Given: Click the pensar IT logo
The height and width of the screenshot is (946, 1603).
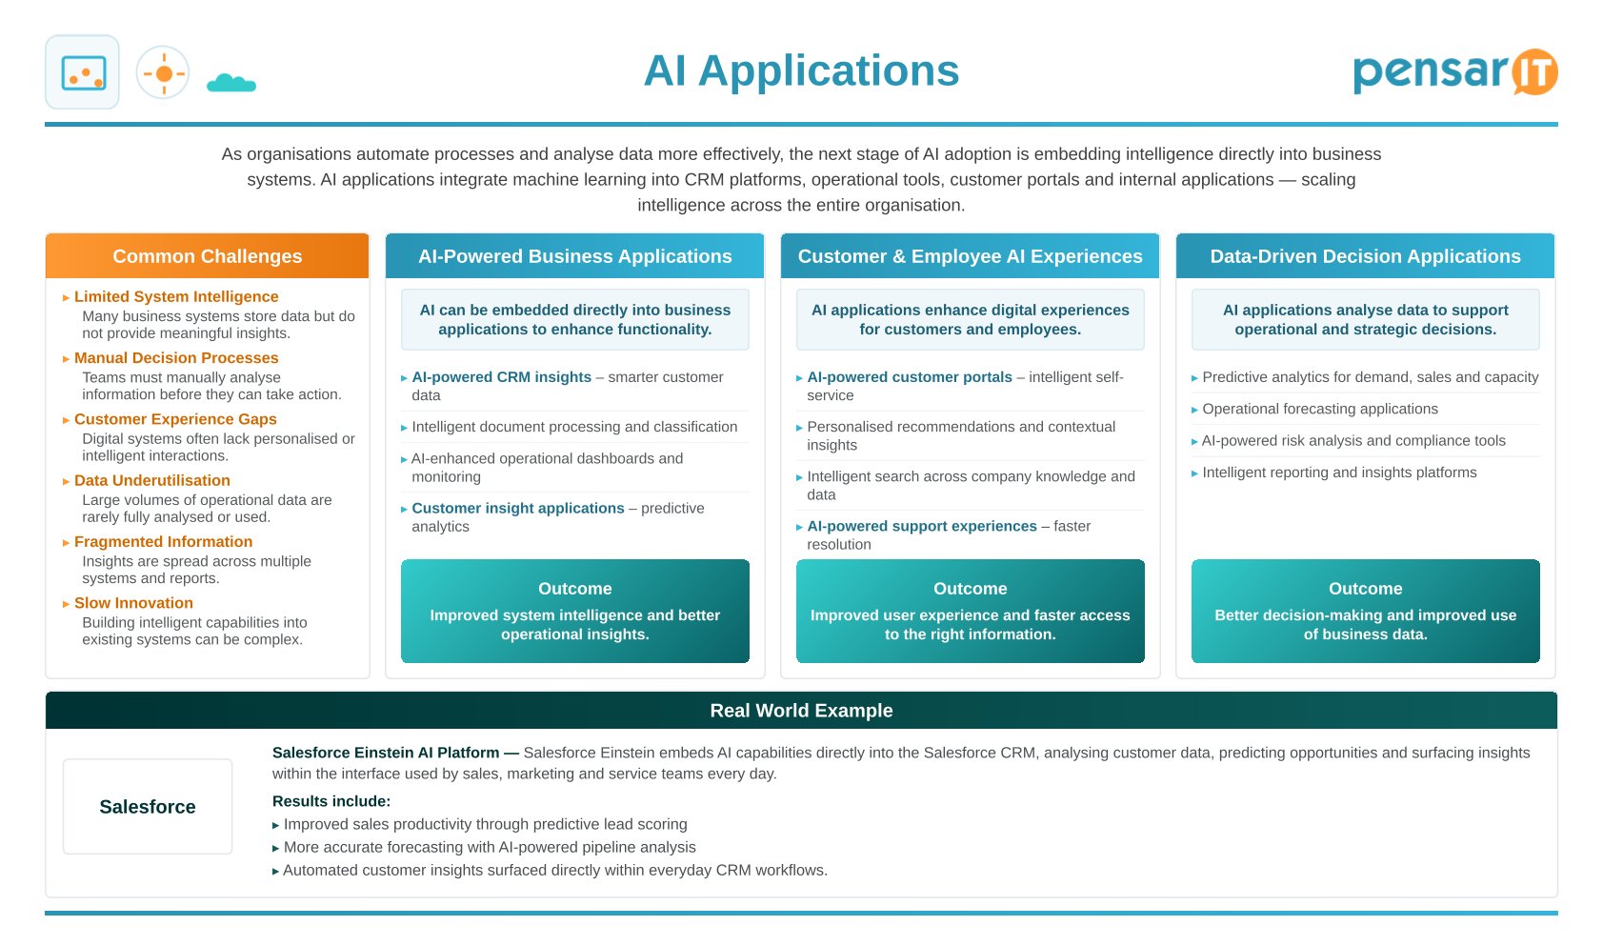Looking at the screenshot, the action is point(1454,71).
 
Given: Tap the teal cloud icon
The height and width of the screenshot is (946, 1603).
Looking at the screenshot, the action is point(231,83).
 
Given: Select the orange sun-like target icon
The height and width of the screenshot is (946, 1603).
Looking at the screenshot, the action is point(163,73).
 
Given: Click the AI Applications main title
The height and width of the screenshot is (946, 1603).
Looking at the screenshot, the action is point(801,70).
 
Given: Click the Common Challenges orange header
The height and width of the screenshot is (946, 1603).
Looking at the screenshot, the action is point(208,256).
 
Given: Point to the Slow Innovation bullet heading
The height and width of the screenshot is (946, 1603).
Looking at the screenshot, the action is point(133,602).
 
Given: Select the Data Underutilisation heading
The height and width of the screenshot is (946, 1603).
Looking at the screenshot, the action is point(151,480).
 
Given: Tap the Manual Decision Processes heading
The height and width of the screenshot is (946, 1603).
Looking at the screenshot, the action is point(176,358).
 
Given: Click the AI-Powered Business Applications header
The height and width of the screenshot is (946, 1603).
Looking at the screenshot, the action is point(574,256).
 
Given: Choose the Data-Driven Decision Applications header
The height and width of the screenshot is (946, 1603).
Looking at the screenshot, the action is point(1366,256).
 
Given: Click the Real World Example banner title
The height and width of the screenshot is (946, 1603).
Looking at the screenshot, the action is point(801,711).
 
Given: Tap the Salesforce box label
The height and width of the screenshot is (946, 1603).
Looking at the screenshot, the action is point(148,807).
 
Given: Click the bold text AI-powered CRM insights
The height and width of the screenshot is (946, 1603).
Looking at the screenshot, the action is point(502,377).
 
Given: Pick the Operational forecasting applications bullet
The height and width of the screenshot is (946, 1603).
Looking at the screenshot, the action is point(1319,409).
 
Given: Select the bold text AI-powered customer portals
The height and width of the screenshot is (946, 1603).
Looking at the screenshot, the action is point(910,377).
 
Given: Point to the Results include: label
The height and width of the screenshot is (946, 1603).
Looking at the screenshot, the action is point(331,801).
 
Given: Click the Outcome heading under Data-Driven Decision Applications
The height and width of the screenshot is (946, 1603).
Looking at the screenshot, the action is point(1366,588).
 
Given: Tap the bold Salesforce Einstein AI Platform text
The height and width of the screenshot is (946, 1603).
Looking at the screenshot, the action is point(386,753).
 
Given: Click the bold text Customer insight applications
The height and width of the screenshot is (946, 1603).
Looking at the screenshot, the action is point(518,508).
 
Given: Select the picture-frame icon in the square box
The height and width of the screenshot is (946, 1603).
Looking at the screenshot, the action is point(83,72).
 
